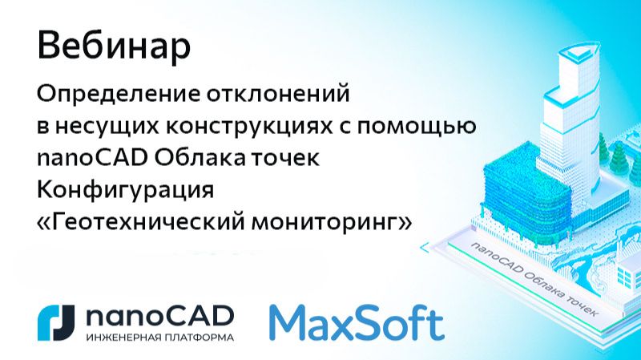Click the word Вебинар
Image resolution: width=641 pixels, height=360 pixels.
[114, 47]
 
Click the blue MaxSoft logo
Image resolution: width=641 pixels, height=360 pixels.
[356, 321]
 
